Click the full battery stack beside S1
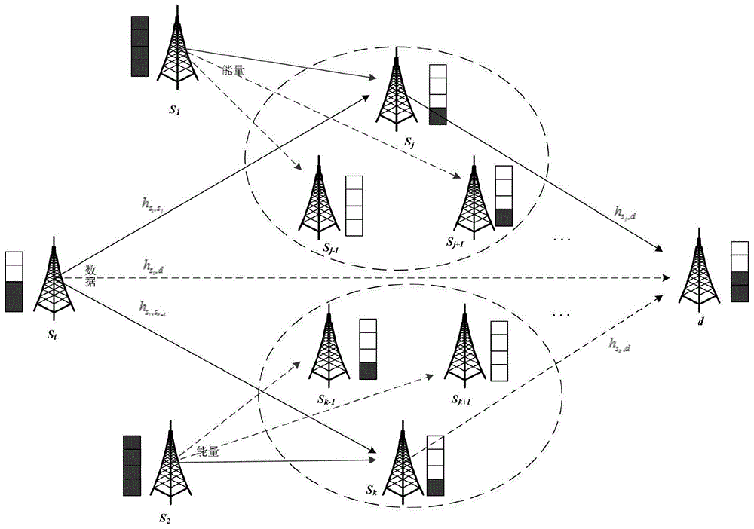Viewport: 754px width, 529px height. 139,45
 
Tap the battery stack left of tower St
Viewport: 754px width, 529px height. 14,282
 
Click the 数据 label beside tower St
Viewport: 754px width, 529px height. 90,274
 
